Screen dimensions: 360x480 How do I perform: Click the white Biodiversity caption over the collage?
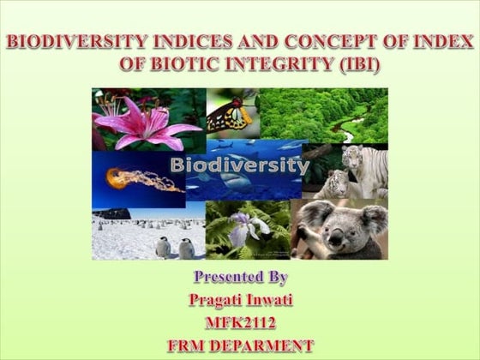239,165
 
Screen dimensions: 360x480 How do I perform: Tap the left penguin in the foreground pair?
163,247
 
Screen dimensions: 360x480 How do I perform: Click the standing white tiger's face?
354,158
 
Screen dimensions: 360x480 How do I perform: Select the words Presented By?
240,278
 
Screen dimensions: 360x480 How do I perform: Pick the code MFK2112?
240,323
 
